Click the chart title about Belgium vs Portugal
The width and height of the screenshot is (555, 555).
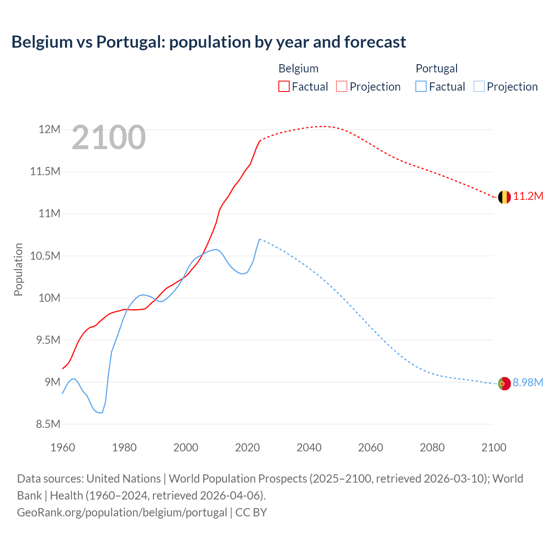(x=209, y=42)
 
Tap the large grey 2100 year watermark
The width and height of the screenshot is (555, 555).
(x=108, y=137)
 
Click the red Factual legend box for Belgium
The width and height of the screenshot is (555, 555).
(x=284, y=86)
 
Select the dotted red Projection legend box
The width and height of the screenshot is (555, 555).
(x=342, y=86)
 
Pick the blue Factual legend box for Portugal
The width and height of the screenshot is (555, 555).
(x=421, y=86)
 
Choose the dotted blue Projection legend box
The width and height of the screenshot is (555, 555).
(x=479, y=86)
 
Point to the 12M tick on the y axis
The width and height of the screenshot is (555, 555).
(x=49, y=129)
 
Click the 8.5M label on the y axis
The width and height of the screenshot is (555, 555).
(x=48, y=424)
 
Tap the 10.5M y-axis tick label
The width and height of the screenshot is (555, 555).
(x=45, y=256)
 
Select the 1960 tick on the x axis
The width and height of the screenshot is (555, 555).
(x=63, y=447)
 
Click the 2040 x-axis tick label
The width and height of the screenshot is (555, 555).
(x=309, y=447)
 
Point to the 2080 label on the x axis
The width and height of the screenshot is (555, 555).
(x=432, y=447)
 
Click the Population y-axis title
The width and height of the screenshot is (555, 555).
(x=18, y=269)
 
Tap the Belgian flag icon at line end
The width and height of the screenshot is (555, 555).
(x=504, y=197)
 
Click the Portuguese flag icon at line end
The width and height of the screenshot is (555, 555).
(x=504, y=384)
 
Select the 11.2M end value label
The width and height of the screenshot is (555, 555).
(x=528, y=196)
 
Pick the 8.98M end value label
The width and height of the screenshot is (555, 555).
(x=528, y=383)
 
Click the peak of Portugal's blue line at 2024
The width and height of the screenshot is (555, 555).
(x=259, y=239)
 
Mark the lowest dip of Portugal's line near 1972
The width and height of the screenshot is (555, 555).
(x=101, y=413)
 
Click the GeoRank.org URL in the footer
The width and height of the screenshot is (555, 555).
(x=122, y=513)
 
